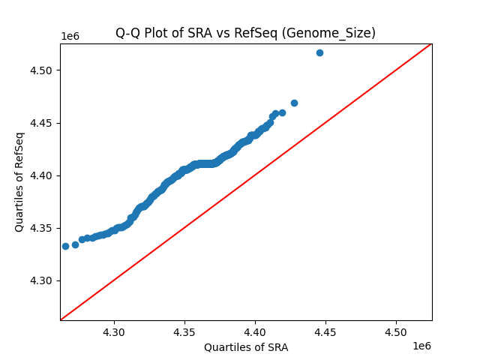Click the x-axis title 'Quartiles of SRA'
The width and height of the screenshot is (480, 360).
(245, 347)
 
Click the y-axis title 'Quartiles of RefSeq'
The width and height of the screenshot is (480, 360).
(19, 181)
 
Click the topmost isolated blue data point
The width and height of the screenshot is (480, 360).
(319, 52)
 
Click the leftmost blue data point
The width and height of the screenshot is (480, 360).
(65, 246)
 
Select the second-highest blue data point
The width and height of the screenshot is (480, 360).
(294, 103)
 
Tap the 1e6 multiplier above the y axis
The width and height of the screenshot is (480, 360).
(70, 37)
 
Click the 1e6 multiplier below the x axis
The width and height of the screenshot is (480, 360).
(421, 346)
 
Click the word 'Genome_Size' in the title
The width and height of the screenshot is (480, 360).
(342, 33)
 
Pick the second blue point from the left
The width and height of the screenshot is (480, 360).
(75, 244)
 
